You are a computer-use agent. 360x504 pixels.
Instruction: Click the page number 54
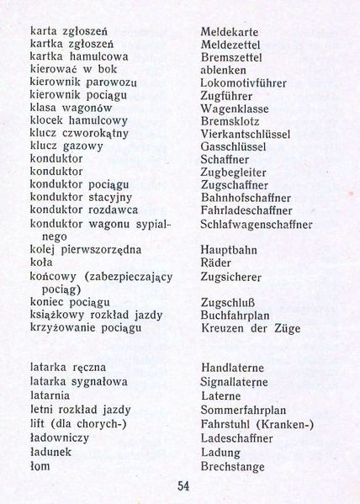point(183,485)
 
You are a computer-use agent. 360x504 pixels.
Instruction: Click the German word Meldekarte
point(235,32)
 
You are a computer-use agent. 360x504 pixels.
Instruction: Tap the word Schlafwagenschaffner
point(257,225)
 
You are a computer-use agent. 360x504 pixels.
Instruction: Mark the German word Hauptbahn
point(230,250)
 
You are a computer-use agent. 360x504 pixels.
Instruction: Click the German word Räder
point(218,263)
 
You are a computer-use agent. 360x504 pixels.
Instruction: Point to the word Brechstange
point(234,467)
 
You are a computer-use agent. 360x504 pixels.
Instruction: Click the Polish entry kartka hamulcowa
point(72,57)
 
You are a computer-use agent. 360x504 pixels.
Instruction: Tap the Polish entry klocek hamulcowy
point(72,120)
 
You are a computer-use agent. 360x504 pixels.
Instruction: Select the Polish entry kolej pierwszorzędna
point(86,250)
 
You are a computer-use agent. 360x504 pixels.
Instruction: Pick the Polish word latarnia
point(50,395)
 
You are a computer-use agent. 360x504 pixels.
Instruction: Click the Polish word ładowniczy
point(59,438)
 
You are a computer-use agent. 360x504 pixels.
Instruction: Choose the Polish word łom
point(40,466)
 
